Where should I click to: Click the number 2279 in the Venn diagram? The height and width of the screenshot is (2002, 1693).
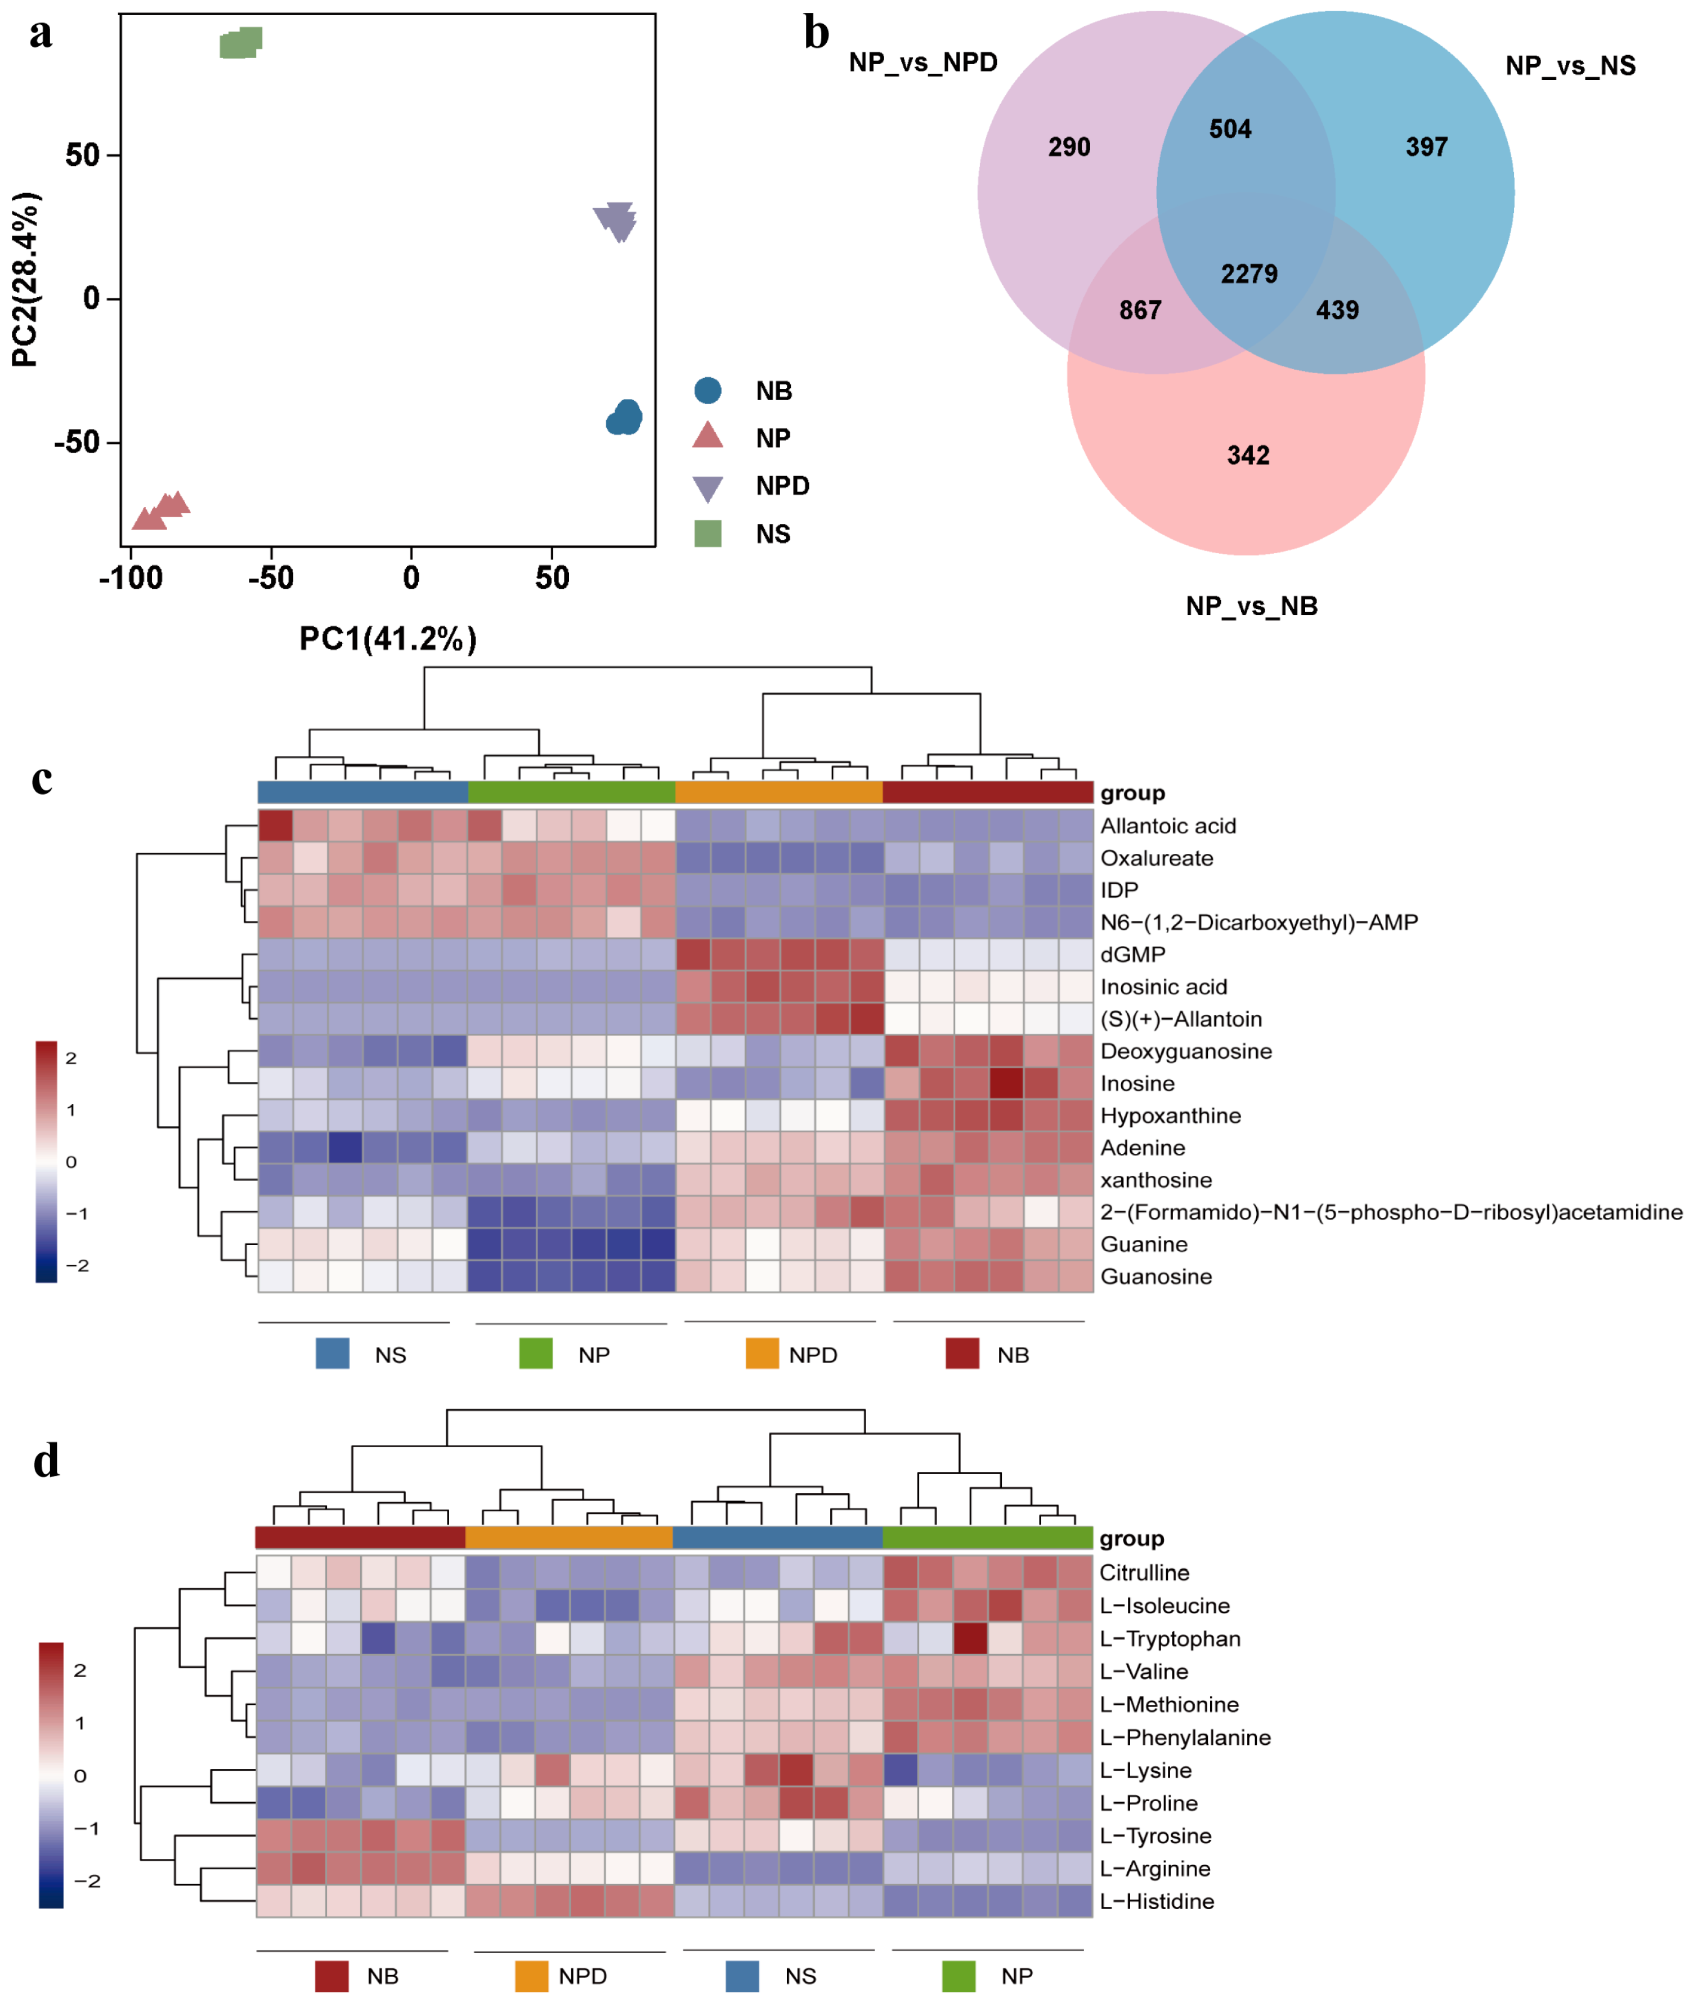pos(1248,275)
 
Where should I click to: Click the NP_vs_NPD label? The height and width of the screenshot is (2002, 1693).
pos(922,62)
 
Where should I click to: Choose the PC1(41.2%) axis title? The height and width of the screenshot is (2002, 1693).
pos(388,638)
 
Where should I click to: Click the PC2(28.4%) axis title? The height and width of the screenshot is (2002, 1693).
pos(26,279)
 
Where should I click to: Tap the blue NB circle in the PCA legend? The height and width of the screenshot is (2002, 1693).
pos(707,391)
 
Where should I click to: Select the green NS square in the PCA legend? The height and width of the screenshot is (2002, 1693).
pos(707,534)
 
